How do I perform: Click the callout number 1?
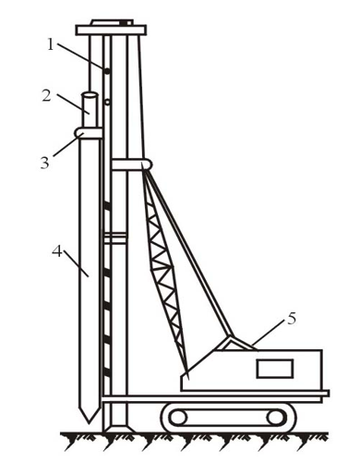pyautogui.click(x=51, y=45)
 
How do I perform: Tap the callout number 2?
pyautogui.click(x=46, y=96)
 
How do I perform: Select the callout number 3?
pyautogui.click(x=45, y=163)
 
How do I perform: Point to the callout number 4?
pyautogui.click(x=57, y=251)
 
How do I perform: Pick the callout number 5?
pyautogui.click(x=292, y=319)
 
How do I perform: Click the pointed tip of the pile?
pyautogui.click(x=89, y=423)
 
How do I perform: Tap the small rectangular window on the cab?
pyautogui.click(x=275, y=369)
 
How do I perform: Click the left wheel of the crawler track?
pyautogui.click(x=178, y=418)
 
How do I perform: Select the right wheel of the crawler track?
pyautogui.click(x=276, y=418)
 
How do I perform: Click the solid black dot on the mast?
pyautogui.click(x=107, y=71)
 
